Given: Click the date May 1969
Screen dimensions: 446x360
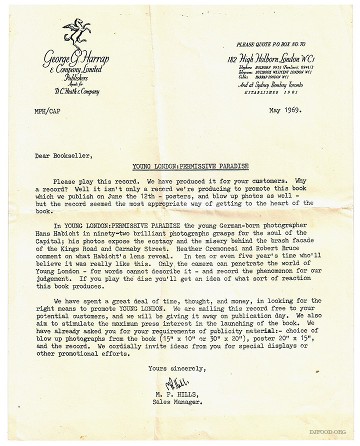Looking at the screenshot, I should click(x=285, y=110).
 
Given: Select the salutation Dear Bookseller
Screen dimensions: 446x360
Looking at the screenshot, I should click(x=63, y=155).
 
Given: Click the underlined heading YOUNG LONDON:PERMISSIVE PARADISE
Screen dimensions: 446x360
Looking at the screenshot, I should click(x=190, y=166).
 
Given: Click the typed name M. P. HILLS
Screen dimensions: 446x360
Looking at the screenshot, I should click(x=175, y=394).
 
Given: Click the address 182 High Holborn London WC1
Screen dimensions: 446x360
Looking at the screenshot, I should click(x=272, y=59).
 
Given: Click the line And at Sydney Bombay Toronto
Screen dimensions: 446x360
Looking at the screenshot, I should click(x=270, y=85).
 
